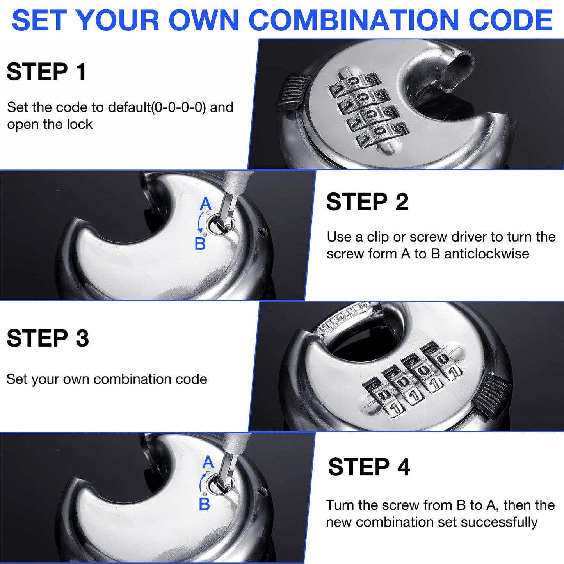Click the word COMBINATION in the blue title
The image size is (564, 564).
354,20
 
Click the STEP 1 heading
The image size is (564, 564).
46,72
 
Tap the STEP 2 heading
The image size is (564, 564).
367,202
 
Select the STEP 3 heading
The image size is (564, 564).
48,338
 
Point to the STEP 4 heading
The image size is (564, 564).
369,467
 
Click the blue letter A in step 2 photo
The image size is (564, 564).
205,204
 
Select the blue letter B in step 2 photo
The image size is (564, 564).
200,244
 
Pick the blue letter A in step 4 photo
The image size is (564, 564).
208,463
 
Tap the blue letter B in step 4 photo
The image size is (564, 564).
204,504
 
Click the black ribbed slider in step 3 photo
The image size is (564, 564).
492,394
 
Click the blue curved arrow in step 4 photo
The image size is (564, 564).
201,483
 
